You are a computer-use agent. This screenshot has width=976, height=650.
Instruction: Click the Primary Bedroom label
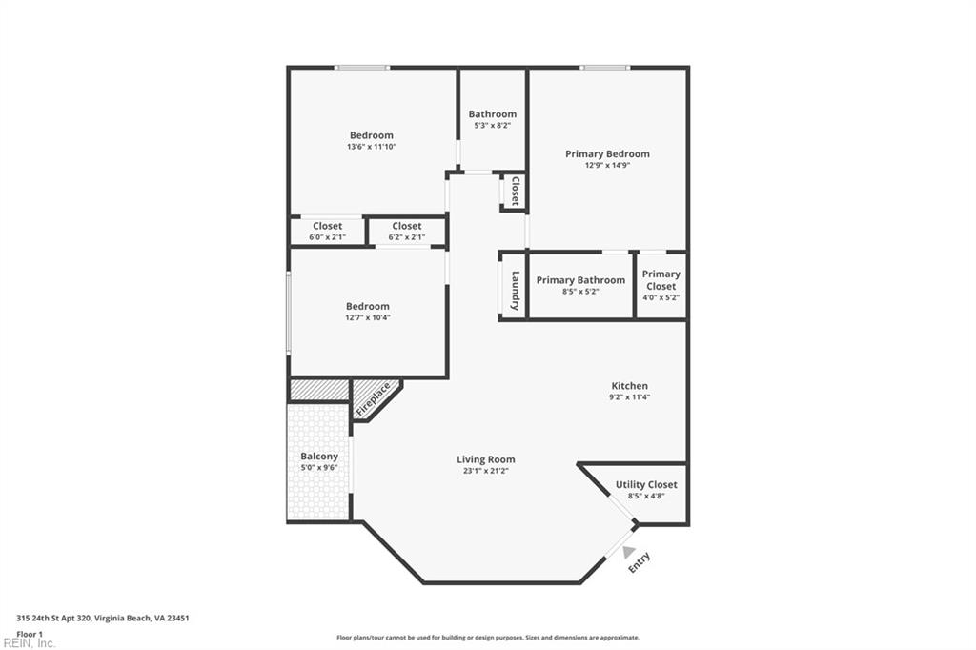point(607,153)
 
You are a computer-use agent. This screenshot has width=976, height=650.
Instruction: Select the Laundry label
point(515,290)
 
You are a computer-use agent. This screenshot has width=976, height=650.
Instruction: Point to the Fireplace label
point(374,397)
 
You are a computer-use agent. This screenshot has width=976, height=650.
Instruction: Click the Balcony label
point(319,457)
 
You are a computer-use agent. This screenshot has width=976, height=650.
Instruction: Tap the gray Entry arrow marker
point(628,552)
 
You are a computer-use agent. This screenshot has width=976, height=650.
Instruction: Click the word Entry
point(640,562)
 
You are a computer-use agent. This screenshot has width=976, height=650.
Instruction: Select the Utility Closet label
point(646,485)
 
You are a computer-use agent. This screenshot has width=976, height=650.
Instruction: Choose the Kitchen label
point(629,386)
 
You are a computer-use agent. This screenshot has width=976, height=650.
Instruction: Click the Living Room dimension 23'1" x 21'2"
point(486,471)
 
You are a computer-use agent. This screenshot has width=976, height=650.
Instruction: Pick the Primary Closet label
point(661,280)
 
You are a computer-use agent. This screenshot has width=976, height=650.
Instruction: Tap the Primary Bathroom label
point(580,280)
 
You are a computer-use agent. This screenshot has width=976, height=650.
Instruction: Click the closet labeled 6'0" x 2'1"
point(327,237)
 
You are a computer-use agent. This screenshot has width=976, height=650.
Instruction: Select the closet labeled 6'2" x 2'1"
point(407,237)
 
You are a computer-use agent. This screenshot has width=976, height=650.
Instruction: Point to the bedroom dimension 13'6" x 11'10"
point(371,147)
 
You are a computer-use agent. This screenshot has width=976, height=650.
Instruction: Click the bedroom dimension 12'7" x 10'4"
point(367,317)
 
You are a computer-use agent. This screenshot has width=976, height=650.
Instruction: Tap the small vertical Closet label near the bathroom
point(515,191)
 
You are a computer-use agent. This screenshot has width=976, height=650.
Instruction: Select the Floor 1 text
point(30,634)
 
